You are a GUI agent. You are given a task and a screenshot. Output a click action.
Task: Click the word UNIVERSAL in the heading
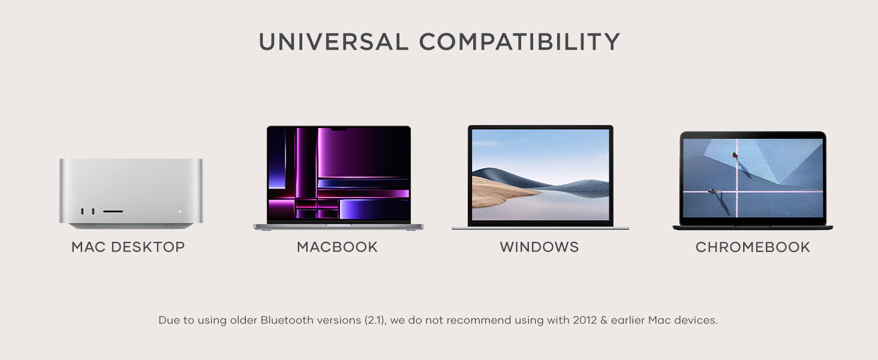(x=333, y=42)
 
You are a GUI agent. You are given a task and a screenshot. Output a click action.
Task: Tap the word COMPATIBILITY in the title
(x=519, y=42)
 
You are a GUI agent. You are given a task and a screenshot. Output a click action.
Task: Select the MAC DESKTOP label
(x=128, y=247)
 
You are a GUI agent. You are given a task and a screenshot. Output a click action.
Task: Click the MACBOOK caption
(x=337, y=247)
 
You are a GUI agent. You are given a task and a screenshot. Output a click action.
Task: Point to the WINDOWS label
(x=539, y=247)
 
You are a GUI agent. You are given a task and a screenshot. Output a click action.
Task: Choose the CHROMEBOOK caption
(x=753, y=247)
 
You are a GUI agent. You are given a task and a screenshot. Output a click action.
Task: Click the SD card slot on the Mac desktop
(x=113, y=211)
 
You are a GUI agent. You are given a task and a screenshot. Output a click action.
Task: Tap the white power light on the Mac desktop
(x=179, y=211)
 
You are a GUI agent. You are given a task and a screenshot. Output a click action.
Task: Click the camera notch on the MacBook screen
(x=339, y=128)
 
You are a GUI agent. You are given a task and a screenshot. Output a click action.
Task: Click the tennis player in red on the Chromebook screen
(x=735, y=156)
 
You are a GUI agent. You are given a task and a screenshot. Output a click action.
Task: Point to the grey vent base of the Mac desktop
(x=131, y=226)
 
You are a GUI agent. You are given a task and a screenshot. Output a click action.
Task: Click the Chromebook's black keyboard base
(x=753, y=227)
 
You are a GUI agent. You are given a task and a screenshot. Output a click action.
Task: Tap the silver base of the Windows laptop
(x=540, y=228)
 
